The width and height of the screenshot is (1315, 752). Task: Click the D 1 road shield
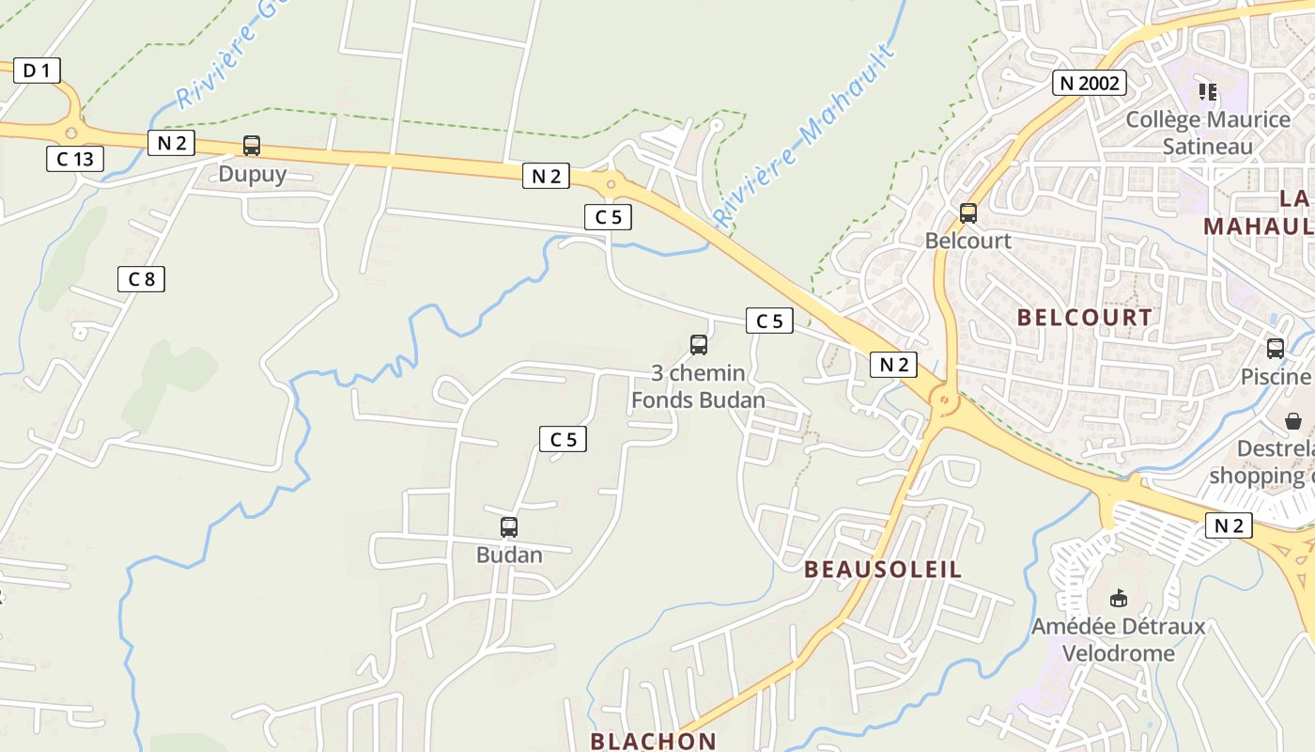(x=37, y=70)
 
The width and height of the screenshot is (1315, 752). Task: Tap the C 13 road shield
(x=75, y=159)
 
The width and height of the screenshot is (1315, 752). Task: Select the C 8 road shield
(x=141, y=278)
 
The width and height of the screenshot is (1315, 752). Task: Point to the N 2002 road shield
(x=1089, y=83)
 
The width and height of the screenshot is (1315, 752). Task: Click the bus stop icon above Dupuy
(x=252, y=146)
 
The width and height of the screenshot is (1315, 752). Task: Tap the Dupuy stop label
(x=252, y=174)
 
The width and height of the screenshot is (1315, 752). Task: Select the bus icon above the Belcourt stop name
(x=968, y=213)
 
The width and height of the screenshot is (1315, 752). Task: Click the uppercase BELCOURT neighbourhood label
(x=1085, y=318)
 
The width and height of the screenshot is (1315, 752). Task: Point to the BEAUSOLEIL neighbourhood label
(x=883, y=570)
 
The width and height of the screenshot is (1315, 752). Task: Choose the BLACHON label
(x=653, y=741)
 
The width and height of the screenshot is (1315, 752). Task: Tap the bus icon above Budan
(x=509, y=527)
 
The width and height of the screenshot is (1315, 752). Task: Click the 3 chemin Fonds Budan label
(x=698, y=386)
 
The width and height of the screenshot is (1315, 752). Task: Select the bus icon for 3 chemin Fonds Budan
(x=699, y=345)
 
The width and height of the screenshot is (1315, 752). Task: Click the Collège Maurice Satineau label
(x=1208, y=133)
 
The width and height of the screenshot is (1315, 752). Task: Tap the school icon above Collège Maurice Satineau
(x=1208, y=92)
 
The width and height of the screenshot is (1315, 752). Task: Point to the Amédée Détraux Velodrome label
(x=1118, y=639)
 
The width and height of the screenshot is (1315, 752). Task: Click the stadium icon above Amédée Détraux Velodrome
(x=1118, y=598)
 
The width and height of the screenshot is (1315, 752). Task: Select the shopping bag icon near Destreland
(x=1293, y=420)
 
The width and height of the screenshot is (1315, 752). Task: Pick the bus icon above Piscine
(x=1275, y=349)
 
